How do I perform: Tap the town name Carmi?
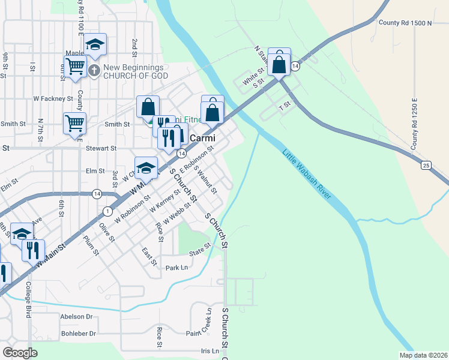point(202,138)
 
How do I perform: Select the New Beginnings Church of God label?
point(135,71)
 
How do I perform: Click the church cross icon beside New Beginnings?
point(94,71)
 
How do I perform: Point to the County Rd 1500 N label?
point(405,23)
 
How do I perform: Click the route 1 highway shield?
point(107,211)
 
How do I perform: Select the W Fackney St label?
point(53,98)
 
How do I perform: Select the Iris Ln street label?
point(210,351)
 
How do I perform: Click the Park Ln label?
point(176,268)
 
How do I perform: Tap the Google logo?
point(20,353)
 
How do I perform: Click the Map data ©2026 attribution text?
point(423,355)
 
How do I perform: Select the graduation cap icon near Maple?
point(95,44)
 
